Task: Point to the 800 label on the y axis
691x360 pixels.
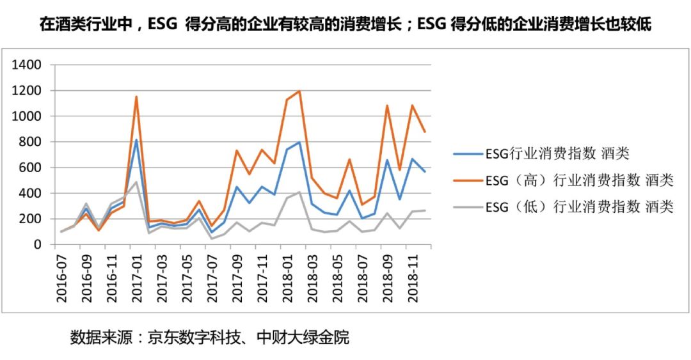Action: [31, 142]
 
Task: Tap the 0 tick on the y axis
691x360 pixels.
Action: [38, 244]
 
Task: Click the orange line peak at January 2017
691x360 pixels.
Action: [136, 97]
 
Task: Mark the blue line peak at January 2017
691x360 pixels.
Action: [136, 140]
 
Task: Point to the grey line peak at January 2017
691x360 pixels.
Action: [136, 182]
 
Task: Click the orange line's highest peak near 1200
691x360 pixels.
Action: [299, 91]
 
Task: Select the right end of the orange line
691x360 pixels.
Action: [425, 132]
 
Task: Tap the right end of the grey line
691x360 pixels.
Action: [425, 210]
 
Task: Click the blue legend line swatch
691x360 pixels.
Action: [467, 154]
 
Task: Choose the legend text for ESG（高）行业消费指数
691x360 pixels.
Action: [579, 181]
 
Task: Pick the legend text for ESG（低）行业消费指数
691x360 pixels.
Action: [579, 207]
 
